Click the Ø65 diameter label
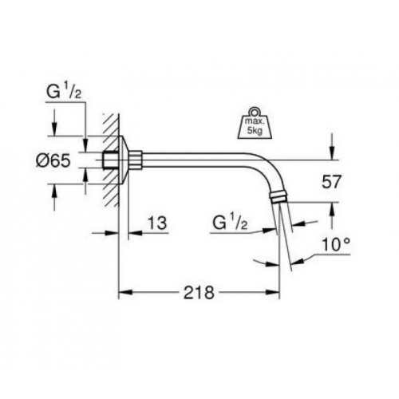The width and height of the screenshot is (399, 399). click(x=53, y=160)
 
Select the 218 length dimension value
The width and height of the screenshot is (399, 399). click(x=199, y=292)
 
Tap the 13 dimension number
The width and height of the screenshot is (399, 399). click(x=157, y=223)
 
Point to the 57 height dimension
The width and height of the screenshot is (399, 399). click(x=331, y=182)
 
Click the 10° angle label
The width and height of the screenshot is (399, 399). click(x=336, y=244)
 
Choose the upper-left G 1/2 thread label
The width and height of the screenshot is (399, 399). click(x=64, y=92)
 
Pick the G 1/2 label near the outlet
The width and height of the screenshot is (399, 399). click(x=230, y=223)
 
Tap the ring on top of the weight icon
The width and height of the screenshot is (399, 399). click(x=255, y=110)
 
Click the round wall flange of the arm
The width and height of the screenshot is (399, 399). click(x=124, y=160)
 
